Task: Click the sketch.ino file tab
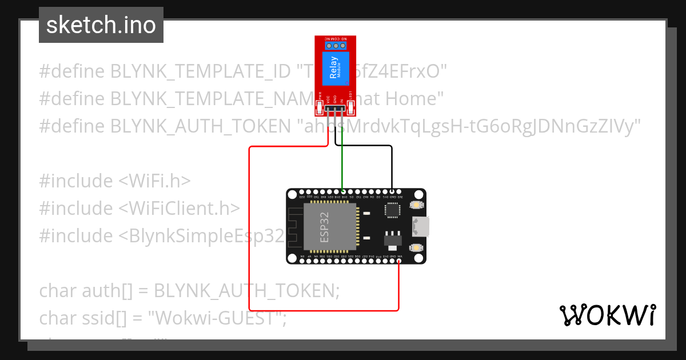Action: click(101, 25)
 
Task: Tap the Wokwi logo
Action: click(607, 315)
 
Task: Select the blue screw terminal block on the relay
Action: click(335, 45)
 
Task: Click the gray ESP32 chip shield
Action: click(329, 227)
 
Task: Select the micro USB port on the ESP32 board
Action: click(421, 226)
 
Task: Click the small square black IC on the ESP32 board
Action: click(393, 210)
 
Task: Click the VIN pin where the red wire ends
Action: click(399, 261)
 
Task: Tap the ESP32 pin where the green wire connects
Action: click(342, 192)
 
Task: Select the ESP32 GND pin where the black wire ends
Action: click(392, 192)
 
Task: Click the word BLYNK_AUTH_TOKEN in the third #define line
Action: click(200, 126)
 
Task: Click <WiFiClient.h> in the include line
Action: click(179, 208)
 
